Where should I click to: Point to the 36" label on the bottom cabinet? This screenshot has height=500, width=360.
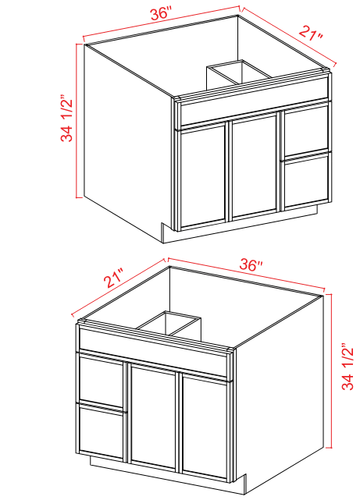(x=251, y=264)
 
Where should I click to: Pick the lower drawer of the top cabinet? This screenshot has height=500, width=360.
(x=307, y=179)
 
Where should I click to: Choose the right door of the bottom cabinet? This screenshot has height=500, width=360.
(x=206, y=425)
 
